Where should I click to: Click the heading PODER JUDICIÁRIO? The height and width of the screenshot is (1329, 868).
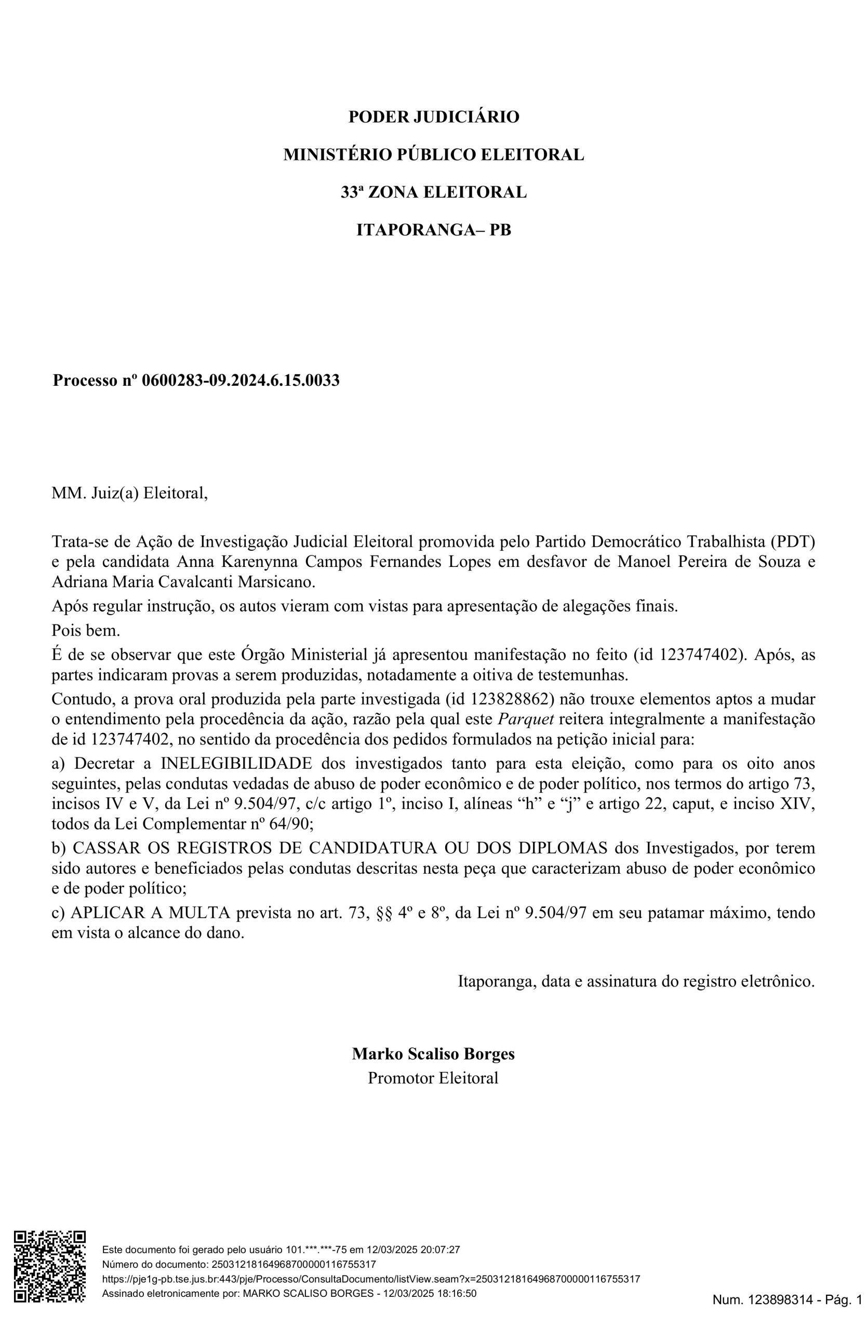[433, 117]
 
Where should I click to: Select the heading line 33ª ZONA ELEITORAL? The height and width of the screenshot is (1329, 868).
[433, 192]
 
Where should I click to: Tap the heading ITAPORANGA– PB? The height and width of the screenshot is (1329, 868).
[433, 229]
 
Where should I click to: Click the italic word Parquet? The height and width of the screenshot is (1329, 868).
[526, 718]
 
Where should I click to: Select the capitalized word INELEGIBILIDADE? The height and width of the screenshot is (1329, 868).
[236, 763]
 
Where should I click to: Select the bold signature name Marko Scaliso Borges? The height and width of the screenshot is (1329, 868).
[433, 1054]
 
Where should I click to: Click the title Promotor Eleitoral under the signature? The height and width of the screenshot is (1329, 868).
[433, 1078]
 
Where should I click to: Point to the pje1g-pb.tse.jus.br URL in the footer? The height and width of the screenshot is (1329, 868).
[371, 1278]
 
